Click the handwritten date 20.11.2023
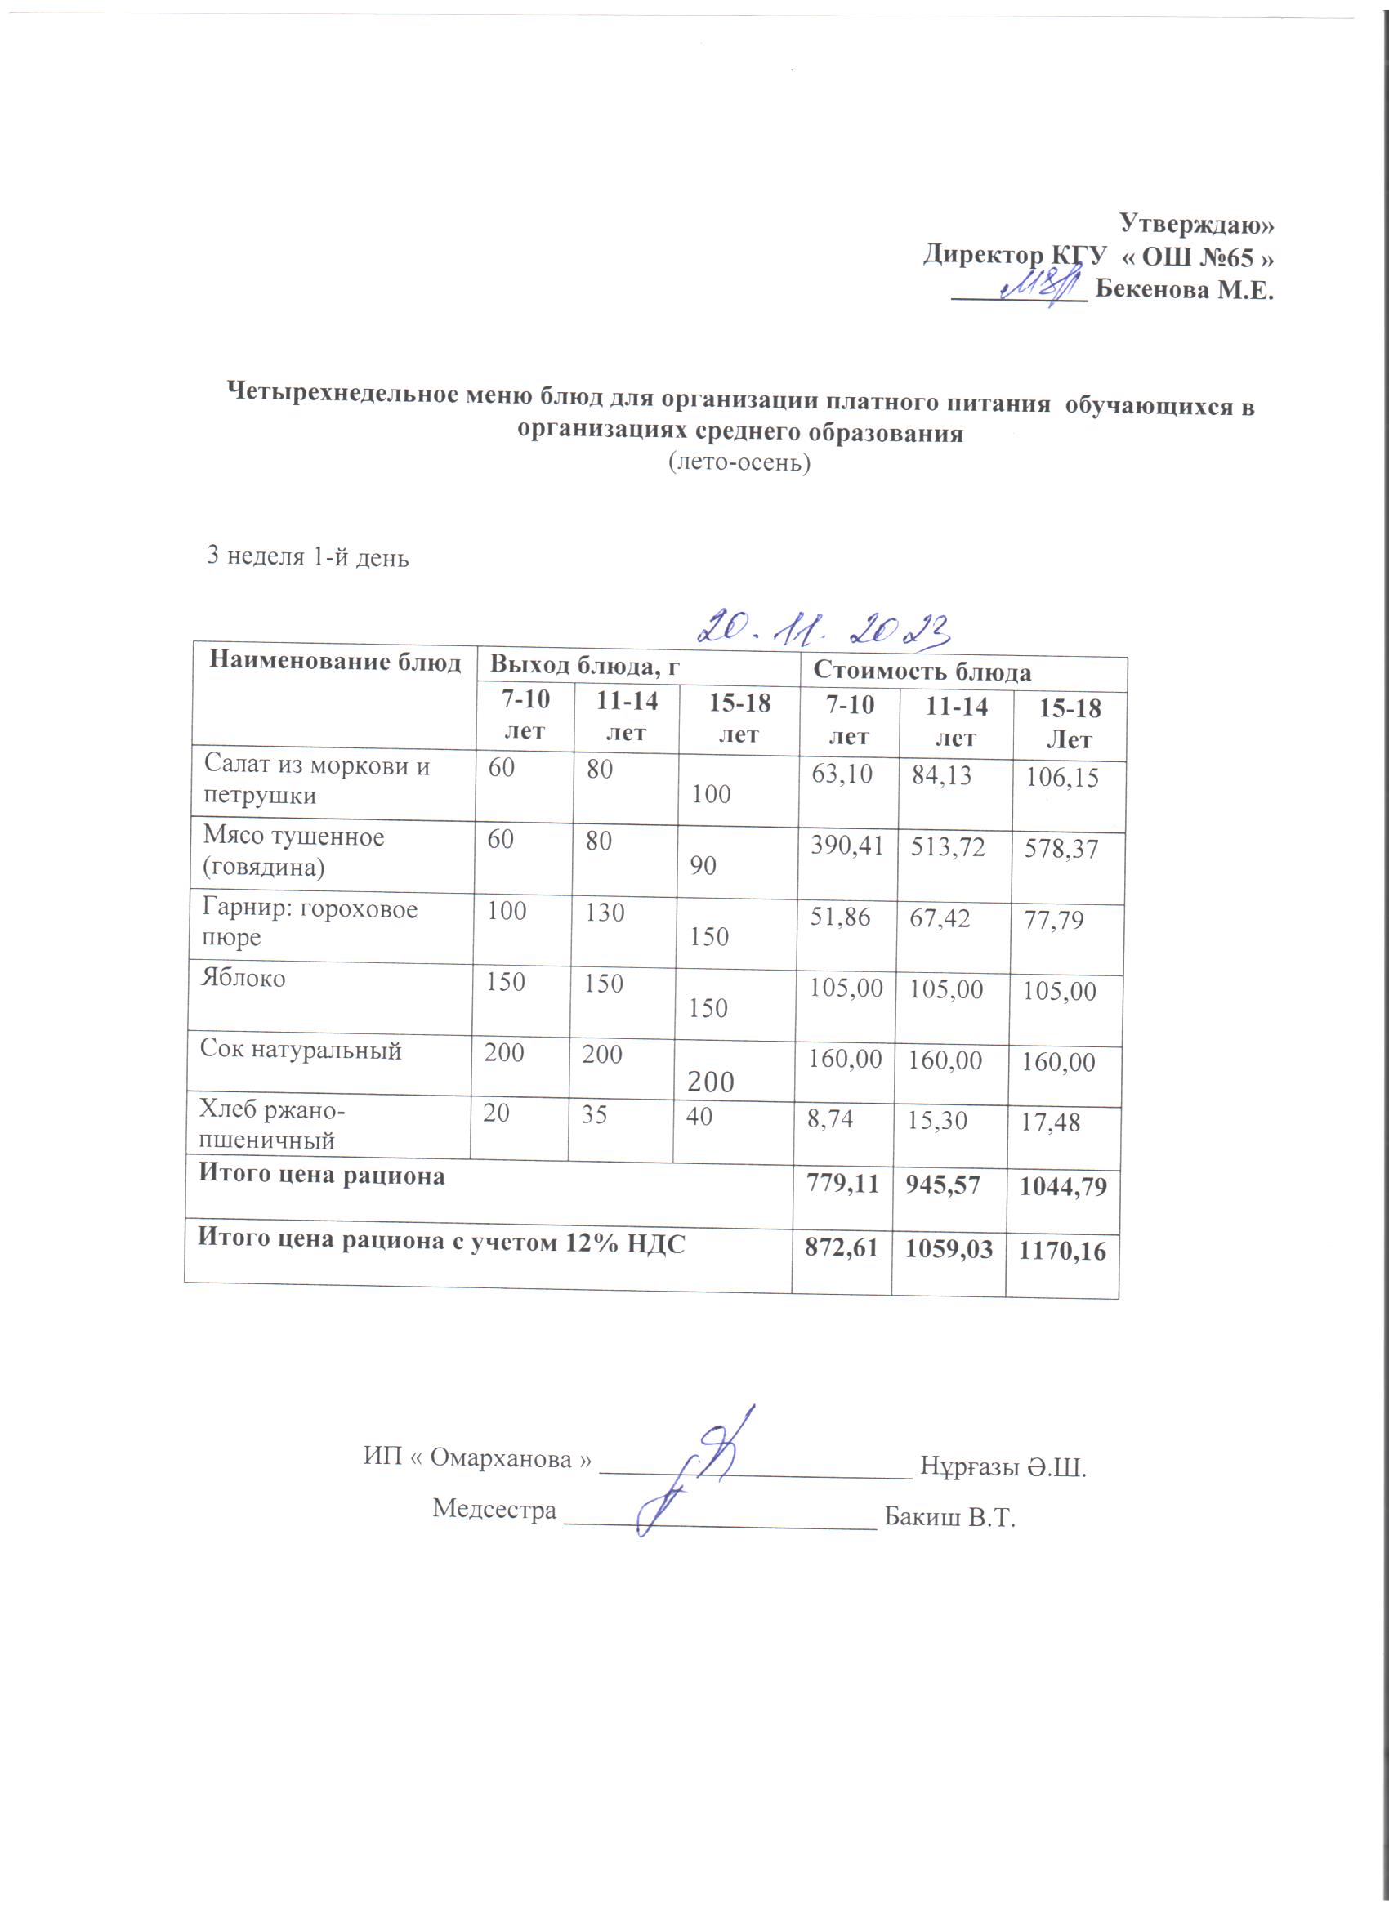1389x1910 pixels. tap(823, 627)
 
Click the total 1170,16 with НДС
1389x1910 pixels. tap(1062, 1252)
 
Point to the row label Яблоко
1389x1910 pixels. tap(243, 978)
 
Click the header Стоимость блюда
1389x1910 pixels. tap(922, 672)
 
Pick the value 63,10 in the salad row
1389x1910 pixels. tap(842, 773)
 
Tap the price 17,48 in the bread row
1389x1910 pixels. tap(1051, 1122)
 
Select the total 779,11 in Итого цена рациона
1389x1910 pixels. tap(842, 1183)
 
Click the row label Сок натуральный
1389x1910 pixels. tap(300, 1049)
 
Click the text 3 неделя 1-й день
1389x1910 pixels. tap(307, 556)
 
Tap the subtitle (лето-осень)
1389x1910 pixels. tap(739, 462)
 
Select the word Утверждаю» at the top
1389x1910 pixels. tap(1196, 223)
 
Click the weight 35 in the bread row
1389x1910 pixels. tap(595, 1116)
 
